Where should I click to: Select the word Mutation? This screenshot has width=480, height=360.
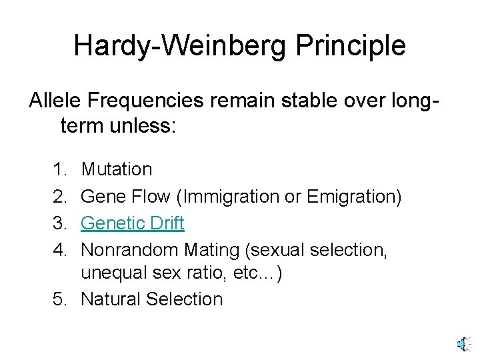tap(116, 170)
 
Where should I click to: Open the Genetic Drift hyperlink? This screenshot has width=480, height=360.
tap(132, 223)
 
